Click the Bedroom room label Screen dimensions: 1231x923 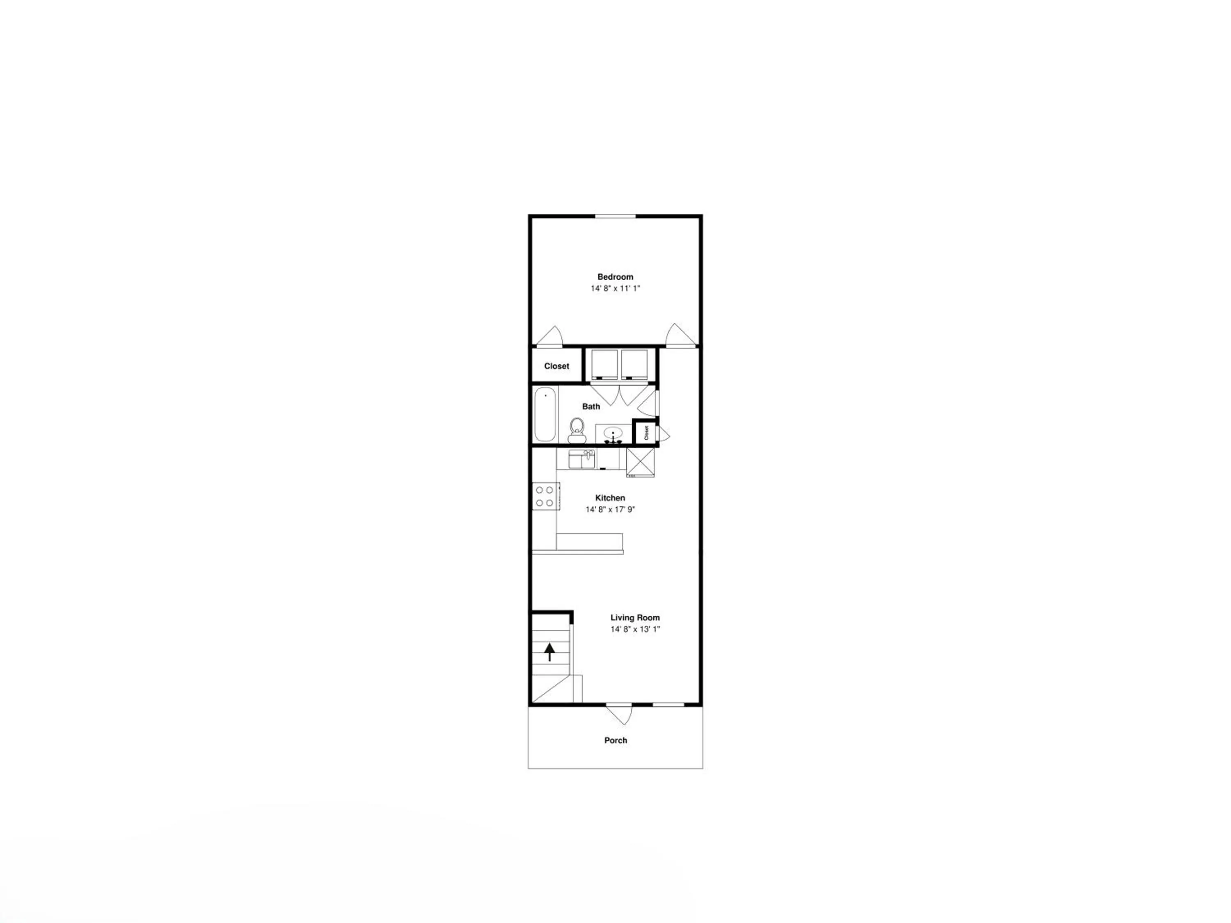tap(615, 276)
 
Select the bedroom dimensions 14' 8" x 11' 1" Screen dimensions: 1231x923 tap(615, 288)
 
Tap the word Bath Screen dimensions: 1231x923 tap(591, 406)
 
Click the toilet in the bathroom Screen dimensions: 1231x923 tap(577, 430)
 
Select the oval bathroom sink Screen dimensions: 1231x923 tap(613, 432)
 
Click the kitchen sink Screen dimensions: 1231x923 tap(581, 459)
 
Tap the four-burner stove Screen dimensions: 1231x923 tap(545, 496)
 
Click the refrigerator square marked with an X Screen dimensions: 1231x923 tap(641, 462)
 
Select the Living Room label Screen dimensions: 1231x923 tap(635, 617)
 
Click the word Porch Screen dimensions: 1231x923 tap(615, 740)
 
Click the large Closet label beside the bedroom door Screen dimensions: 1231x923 tap(556, 366)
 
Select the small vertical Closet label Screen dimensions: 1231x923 tap(647, 432)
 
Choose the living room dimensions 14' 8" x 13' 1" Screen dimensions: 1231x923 tap(635, 629)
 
